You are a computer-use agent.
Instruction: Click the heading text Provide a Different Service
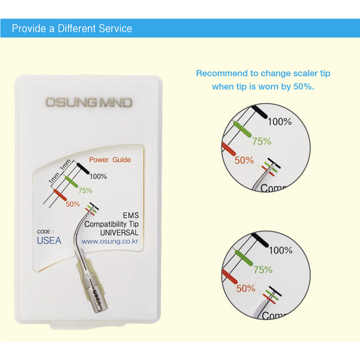72,29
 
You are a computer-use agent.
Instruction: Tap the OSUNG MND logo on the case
89,103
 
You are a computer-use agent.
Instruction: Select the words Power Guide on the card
110,159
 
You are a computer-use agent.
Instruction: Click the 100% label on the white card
99,176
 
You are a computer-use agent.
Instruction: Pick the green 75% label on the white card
85,190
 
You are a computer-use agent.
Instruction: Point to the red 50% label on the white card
72,204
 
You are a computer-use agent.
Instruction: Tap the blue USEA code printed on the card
49,241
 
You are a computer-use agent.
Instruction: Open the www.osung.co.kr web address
110,241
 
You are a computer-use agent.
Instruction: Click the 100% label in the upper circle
280,121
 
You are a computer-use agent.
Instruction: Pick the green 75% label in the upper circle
261,141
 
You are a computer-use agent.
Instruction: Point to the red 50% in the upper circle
245,160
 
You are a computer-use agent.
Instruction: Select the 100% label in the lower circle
280,250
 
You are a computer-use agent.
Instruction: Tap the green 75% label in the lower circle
263,270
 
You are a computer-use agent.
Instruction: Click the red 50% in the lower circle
246,288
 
